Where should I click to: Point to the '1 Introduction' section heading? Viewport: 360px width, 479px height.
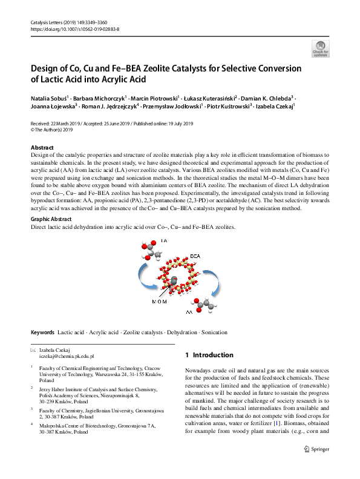point(209,355)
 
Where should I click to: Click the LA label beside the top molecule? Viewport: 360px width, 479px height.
point(163,240)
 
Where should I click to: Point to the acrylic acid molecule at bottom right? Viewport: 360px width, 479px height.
point(211,308)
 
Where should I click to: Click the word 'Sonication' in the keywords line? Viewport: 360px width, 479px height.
point(214,332)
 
